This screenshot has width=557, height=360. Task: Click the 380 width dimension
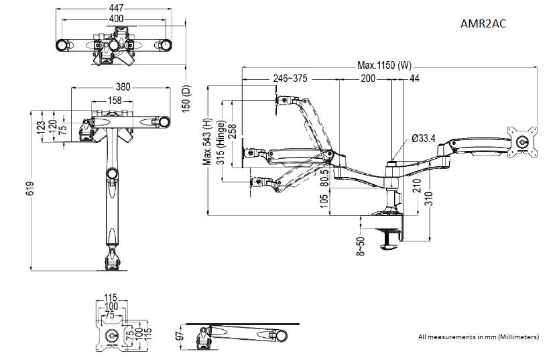123,86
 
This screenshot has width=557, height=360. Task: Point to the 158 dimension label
115,101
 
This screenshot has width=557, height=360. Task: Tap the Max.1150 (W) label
385,66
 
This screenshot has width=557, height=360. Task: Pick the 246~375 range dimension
290,78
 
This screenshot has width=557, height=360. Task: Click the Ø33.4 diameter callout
423,139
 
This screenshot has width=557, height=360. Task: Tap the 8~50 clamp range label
361,246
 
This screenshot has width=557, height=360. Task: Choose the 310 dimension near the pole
427,198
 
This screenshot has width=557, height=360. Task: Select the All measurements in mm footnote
478,337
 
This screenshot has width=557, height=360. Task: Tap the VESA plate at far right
523,141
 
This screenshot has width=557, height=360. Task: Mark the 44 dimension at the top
414,78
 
